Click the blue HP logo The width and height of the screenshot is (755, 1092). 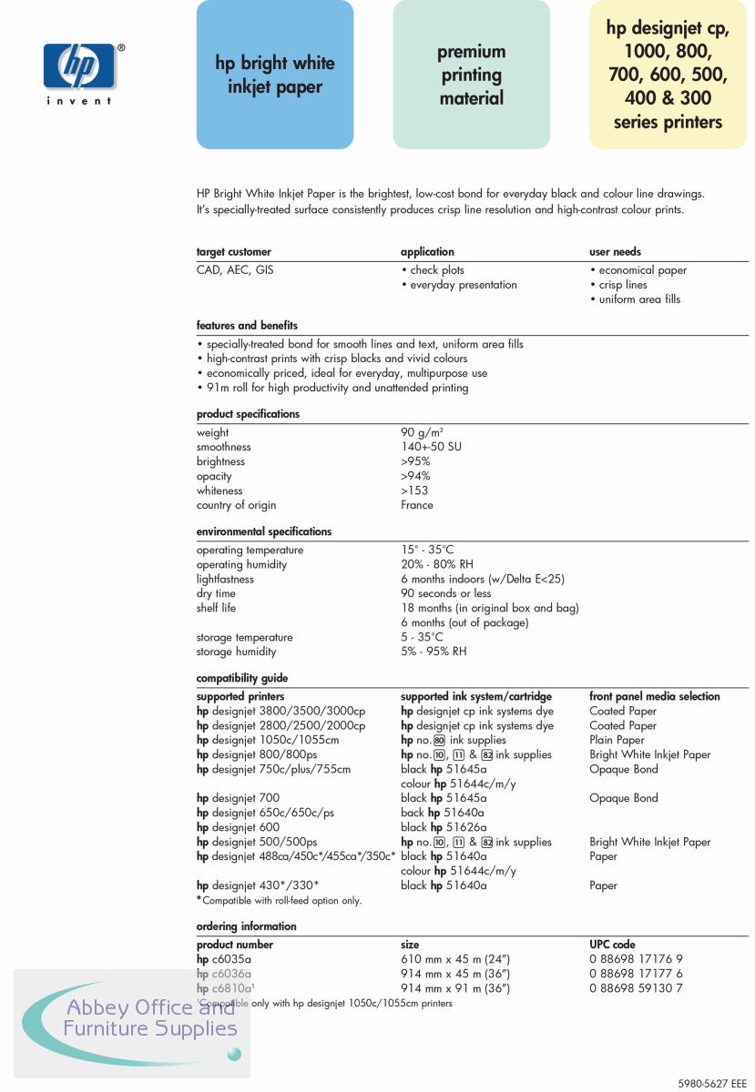click(x=79, y=65)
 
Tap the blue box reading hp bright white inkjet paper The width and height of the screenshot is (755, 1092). click(x=275, y=75)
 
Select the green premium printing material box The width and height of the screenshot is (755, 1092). click(x=472, y=75)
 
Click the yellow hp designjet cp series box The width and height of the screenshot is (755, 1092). click(x=668, y=75)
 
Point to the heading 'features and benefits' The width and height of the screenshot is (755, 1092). click(x=247, y=326)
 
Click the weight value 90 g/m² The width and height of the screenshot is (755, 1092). click(x=422, y=433)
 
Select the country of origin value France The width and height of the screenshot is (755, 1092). click(x=417, y=505)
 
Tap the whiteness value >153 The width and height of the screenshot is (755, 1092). click(x=414, y=490)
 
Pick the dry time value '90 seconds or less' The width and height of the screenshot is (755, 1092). click(x=445, y=593)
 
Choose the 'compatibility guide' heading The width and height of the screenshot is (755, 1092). click(x=241, y=678)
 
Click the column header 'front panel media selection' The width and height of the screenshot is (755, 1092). click(x=654, y=697)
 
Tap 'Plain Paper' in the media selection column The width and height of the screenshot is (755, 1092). click(x=617, y=740)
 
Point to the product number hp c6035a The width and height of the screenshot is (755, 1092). click(x=223, y=959)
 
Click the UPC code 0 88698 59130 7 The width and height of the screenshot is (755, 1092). click(x=636, y=988)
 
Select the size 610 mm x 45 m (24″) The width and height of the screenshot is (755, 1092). click(x=454, y=959)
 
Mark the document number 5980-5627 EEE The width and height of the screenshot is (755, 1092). click(x=712, y=1084)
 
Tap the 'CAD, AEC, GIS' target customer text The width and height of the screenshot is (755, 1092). click(x=234, y=270)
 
